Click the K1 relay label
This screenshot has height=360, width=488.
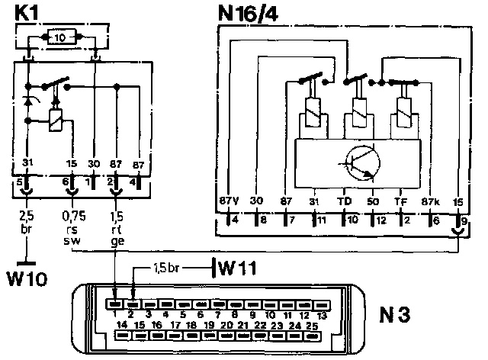[27, 13]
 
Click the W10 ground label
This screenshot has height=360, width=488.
[27, 276]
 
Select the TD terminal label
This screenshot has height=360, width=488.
[344, 201]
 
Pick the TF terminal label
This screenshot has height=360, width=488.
[400, 201]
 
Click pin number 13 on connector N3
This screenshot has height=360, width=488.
[323, 314]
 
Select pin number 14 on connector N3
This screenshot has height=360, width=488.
[121, 326]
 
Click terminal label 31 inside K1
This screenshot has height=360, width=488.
[27, 162]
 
